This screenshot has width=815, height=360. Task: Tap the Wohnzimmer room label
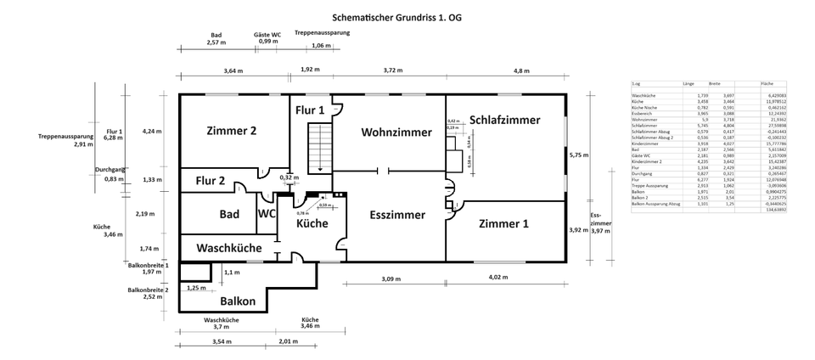396,132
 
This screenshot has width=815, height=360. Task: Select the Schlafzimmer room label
504,121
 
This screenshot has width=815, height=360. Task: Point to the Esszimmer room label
397,216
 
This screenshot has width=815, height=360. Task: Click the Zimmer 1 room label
503,224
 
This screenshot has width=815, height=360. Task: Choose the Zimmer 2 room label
232,131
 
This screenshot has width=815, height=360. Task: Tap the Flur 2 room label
210,181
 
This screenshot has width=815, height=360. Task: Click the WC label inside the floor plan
267,215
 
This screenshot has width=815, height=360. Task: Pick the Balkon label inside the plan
238,301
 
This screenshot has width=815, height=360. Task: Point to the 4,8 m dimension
520,70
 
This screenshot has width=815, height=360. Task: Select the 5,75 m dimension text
578,155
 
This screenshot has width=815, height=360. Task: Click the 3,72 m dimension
393,70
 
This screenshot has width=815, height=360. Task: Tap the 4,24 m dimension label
152,131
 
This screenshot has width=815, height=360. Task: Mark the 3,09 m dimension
391,279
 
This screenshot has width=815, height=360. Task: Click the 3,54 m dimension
222,342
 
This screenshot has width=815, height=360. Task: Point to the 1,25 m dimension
196,289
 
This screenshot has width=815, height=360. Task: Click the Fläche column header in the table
767,85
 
